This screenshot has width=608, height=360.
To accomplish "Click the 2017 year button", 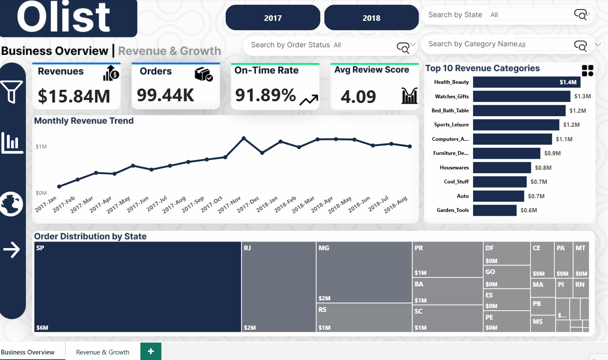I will (272, 18).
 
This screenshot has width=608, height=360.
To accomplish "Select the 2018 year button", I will (371, 18).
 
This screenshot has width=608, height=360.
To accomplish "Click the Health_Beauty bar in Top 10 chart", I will (526, 82).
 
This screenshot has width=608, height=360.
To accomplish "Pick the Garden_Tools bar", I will (494, 210).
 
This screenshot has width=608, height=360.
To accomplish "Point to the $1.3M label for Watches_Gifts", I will (582, 96).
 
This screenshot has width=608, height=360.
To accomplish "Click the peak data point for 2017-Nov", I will (244, 138).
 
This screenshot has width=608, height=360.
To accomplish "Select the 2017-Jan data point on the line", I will (59, 186).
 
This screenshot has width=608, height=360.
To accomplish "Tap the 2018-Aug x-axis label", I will (396, 205).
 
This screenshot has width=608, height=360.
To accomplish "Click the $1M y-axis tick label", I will (41, 147).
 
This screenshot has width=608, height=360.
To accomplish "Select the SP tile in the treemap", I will (138, 287).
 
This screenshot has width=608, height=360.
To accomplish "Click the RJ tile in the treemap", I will (278, 287).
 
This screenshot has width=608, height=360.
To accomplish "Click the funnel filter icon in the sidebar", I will (12, 91).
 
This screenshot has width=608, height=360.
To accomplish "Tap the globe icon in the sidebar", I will (12, 204).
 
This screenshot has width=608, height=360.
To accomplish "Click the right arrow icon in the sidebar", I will (12, 250).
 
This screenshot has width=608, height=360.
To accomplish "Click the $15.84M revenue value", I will (74, 96).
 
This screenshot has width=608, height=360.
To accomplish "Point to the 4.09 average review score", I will (358, 97).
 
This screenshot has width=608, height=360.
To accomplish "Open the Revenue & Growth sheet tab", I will (103, 352).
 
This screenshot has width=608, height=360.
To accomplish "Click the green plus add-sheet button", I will (151, 351).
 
